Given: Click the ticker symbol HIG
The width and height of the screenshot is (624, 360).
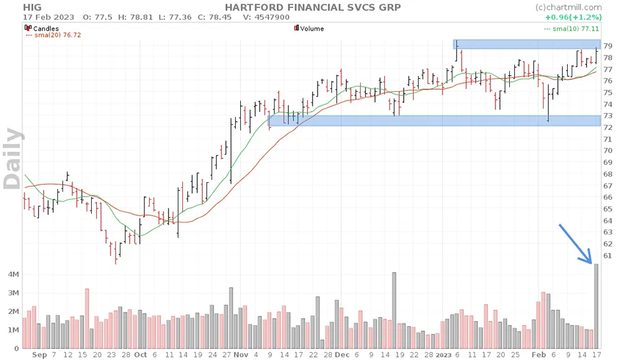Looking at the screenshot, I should pos(32,7).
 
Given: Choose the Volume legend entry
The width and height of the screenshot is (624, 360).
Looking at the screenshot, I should pos(312,28).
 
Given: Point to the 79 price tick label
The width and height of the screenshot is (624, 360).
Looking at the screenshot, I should pos(607,46).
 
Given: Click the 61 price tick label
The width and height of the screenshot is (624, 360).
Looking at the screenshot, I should pos(607,256).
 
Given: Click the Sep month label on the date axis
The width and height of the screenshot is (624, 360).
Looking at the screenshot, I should pos(39,354).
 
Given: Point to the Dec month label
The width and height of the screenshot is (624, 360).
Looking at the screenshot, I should pos(342,354).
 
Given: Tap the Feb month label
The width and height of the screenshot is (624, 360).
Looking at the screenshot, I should pos(538,354).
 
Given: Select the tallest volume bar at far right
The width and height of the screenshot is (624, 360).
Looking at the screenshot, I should pos(596,306).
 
